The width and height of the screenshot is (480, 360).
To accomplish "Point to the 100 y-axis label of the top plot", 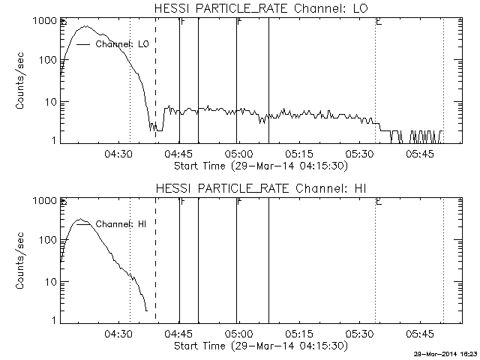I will click(x=48, y=61).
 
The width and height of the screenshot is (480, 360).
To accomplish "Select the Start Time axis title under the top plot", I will click(x=259, y=165).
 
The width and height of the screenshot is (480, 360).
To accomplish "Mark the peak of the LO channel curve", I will click(x=86, y=27).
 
